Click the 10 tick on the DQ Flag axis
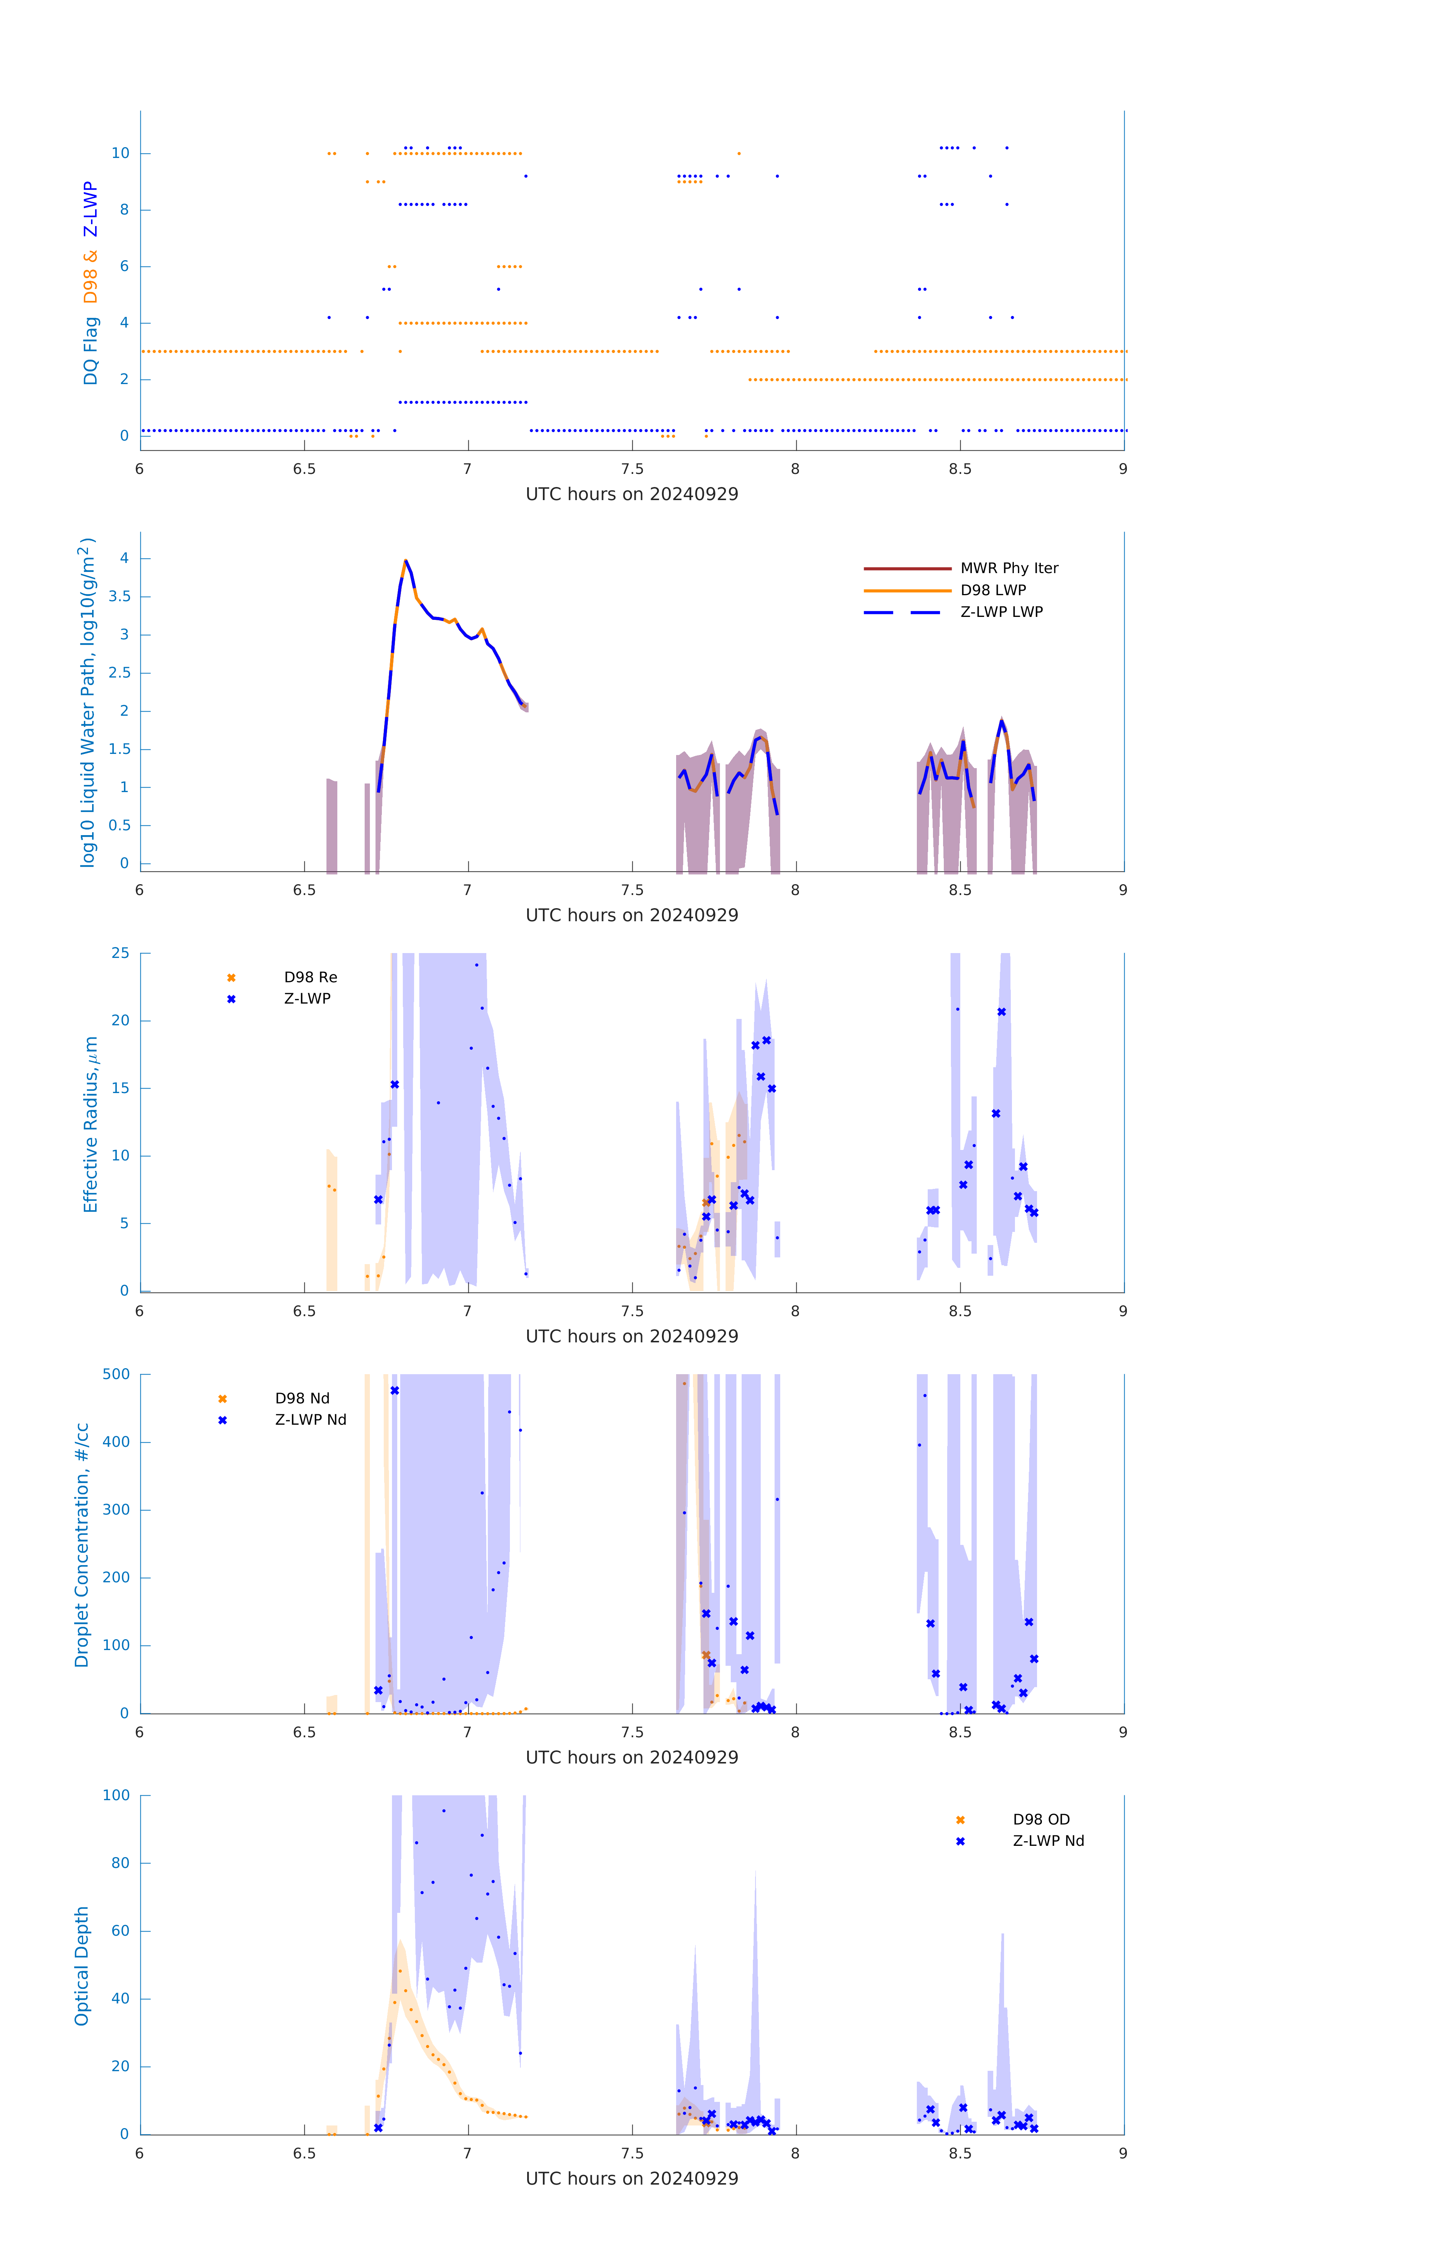(120, 153)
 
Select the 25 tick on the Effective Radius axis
(120, 953)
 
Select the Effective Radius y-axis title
(91, 1124)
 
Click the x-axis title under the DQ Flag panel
(632, 494)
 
